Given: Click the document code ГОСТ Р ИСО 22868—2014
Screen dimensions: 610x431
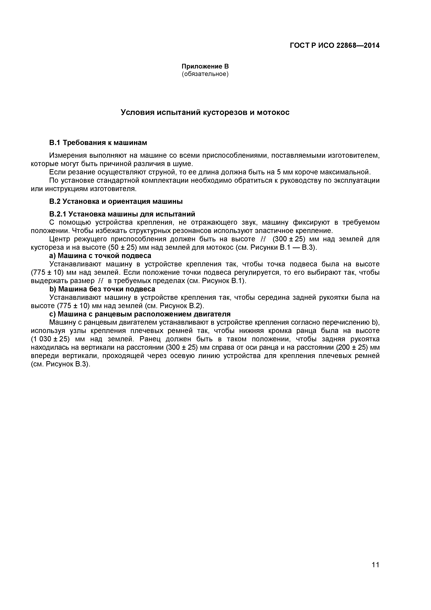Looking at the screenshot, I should point(334,46).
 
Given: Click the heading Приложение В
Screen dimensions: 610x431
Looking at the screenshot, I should point(205,66).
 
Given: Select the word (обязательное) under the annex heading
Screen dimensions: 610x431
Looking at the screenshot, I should point(205,74).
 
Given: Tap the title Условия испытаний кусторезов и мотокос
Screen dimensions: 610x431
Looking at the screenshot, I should point(205,112).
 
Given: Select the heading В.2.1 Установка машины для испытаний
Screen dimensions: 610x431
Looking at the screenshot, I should point(122,214).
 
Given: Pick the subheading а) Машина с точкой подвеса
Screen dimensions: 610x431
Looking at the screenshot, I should point(100,256).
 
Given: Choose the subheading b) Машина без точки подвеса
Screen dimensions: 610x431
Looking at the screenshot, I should point(102,289).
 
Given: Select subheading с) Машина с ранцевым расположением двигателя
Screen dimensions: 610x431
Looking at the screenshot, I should point(140,314).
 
